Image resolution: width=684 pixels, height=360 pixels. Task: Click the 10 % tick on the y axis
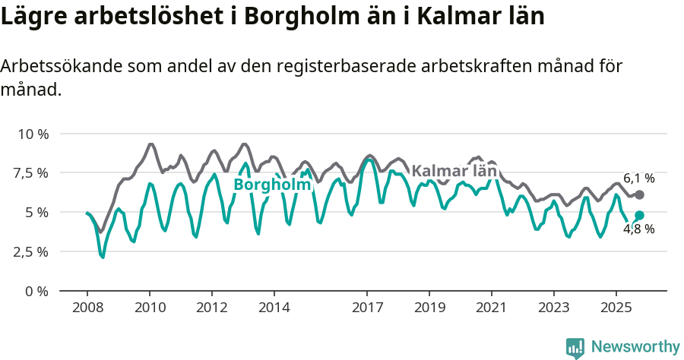click(x=32, y=134)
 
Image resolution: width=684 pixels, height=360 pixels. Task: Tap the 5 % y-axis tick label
click(x=36, y=213)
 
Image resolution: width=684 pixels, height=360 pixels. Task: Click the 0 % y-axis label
click(x=36, y=291)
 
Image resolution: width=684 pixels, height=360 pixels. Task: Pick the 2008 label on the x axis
click(x=87, y=308)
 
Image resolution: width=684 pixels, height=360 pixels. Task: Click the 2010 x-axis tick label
click(x=150, y=308)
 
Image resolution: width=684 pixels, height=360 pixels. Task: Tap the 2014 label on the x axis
click(x=274, y=308)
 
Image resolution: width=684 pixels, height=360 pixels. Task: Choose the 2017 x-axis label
click(x=367, y=308)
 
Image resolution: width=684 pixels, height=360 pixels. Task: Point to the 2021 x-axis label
click(x=492, y=308)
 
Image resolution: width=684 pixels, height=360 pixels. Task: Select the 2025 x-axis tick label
click(x=616, y=308)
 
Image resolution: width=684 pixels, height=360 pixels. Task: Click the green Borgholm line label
click(x=272, y=185)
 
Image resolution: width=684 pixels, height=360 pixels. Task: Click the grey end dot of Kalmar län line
click(x=640, y=195)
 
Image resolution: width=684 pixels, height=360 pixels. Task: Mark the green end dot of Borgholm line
click(x=640, y=216)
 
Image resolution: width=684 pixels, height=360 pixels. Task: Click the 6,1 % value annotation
click(x=638, y=178)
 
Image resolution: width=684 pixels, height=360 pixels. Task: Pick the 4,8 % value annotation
click(x=638, y=229)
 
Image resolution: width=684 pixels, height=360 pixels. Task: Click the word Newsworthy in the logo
click(x=635, y=347)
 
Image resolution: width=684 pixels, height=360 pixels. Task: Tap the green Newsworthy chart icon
click(x=575, y=348)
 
